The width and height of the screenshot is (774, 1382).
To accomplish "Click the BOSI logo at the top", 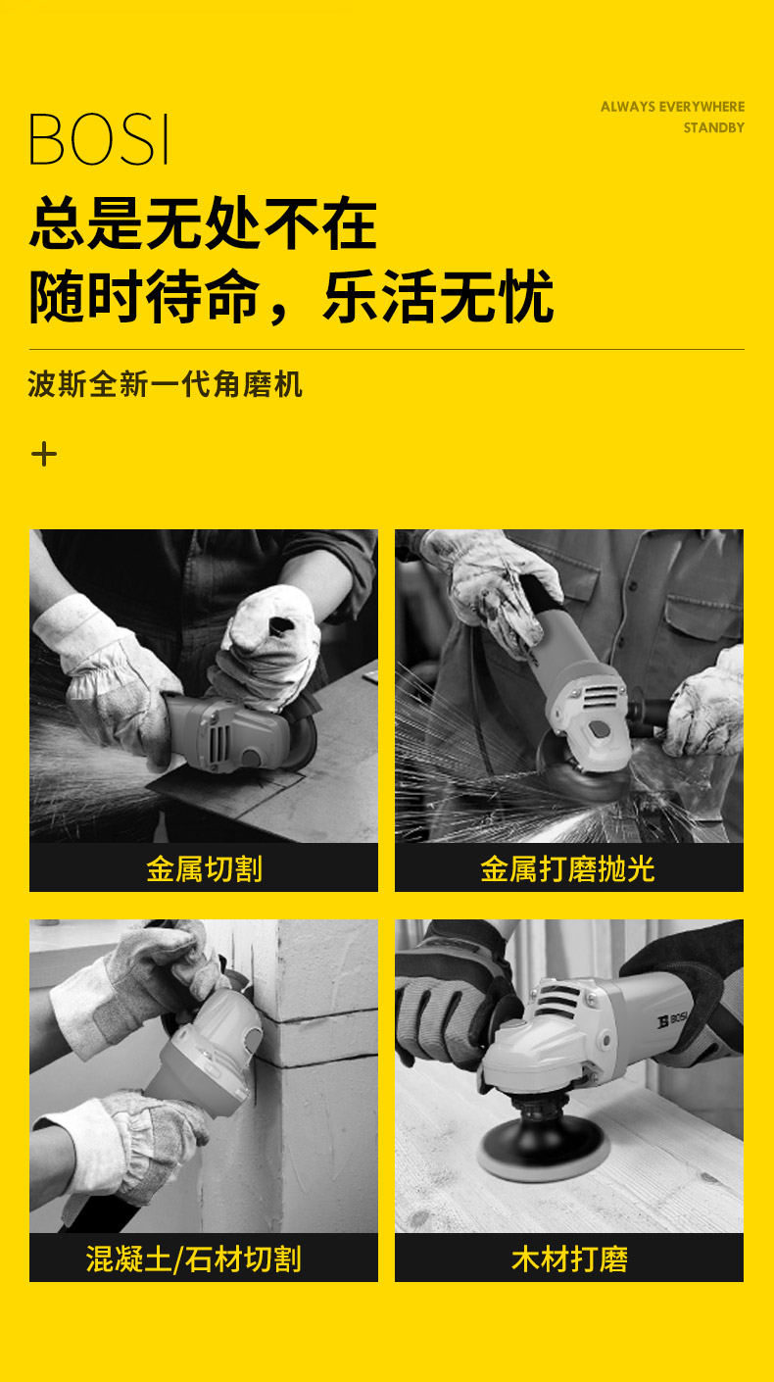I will [99, 139].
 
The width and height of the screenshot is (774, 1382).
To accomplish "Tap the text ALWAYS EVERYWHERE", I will [672, 107].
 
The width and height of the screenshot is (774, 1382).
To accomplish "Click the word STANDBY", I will [713, 128].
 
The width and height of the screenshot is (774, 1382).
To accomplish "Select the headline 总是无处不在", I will [203, 223].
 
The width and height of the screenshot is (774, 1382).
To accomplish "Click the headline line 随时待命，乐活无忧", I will [291, 297].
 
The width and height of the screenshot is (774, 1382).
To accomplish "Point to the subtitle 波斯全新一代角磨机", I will [165, 384].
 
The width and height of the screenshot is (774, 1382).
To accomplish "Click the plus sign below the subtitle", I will [44, 454].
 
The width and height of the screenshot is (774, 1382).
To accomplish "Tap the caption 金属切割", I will [204, 868].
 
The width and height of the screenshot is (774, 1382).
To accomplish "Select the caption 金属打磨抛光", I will [568, 868].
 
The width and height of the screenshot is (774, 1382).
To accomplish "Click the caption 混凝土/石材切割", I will [193, 1259].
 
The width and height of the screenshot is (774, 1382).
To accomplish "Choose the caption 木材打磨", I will [568, 1259].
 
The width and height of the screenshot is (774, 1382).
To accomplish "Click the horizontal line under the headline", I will [386, 349].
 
